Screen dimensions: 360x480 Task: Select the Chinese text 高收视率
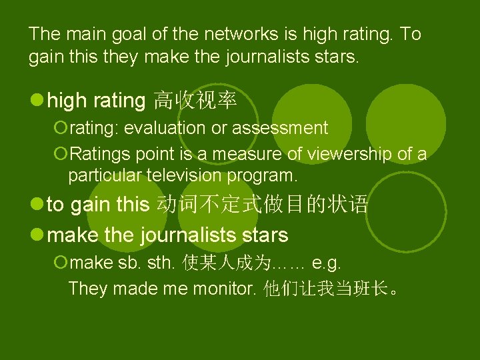coord(194,101)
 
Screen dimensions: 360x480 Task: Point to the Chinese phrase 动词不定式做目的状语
coord(261,205)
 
